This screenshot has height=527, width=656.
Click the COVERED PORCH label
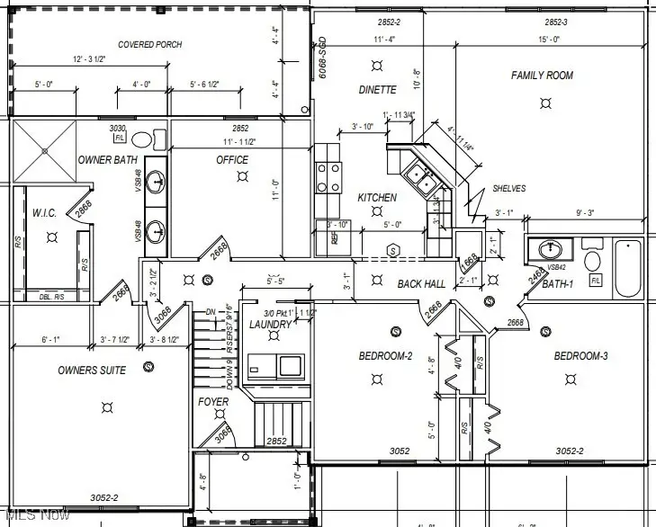[x=149, y=44]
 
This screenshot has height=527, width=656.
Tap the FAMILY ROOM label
[x=542, y=76]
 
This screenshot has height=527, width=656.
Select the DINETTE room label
[x=377, y=90]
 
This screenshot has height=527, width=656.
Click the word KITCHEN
[x=377, y=198]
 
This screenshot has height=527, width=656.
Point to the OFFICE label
[x=231, y=160]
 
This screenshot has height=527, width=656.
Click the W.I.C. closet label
[x=44, y=213]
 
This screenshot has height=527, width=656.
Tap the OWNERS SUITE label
[x=92, y=371]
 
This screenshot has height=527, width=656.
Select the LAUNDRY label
[x=270, y=324]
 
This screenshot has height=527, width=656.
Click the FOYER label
[x=213, y=402]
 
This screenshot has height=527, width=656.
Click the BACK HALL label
[x=421, y=284]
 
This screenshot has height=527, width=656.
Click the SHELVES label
[x=508, y=189]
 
